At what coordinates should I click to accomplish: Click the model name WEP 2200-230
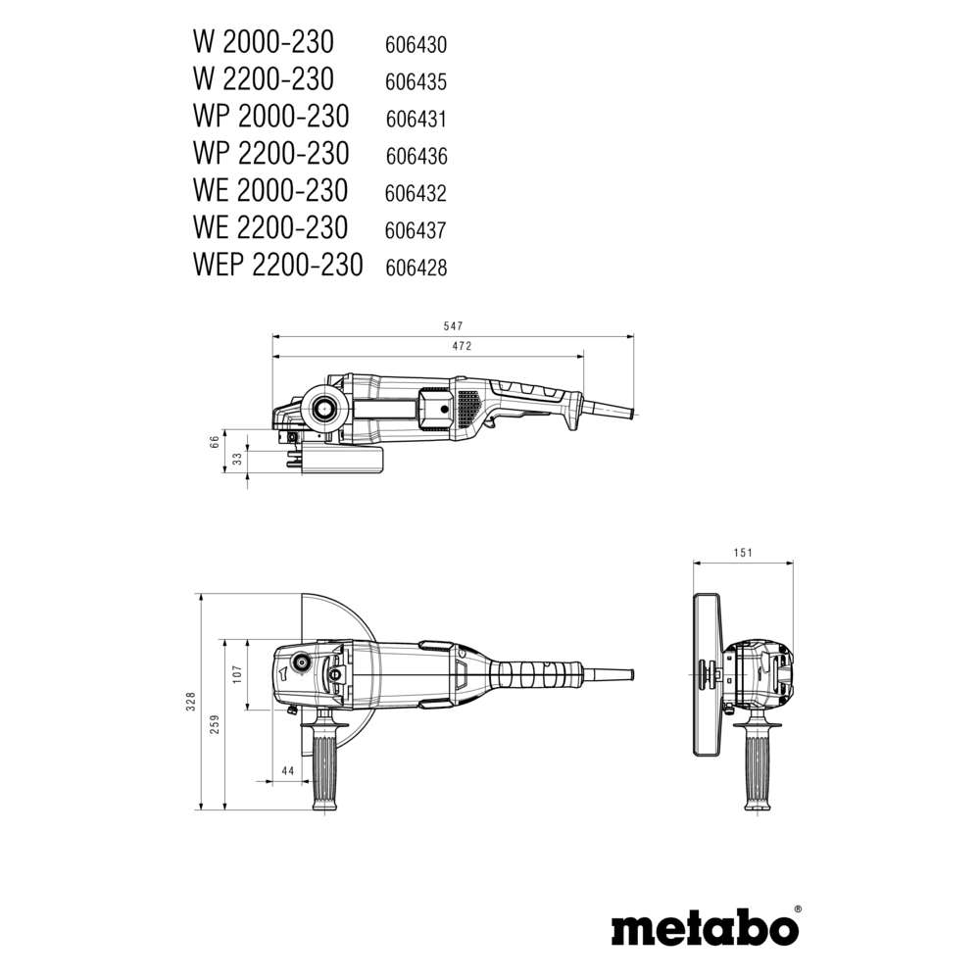point(278,265)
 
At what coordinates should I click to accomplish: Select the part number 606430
point(416,45)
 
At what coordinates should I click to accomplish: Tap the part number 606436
point(416,156)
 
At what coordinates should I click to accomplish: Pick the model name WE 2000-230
point(270,191)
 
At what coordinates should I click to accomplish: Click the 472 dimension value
point(462,346)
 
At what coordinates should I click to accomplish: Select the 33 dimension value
point(237,459)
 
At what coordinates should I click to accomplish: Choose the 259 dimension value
point(216,724)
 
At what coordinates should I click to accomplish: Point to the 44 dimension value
point(287,771)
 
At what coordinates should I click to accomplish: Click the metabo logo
point(705,929)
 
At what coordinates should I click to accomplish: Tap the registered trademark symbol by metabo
point(797,910)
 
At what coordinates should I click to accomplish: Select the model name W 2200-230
point(264,79)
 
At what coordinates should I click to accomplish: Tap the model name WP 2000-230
point(271,117)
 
